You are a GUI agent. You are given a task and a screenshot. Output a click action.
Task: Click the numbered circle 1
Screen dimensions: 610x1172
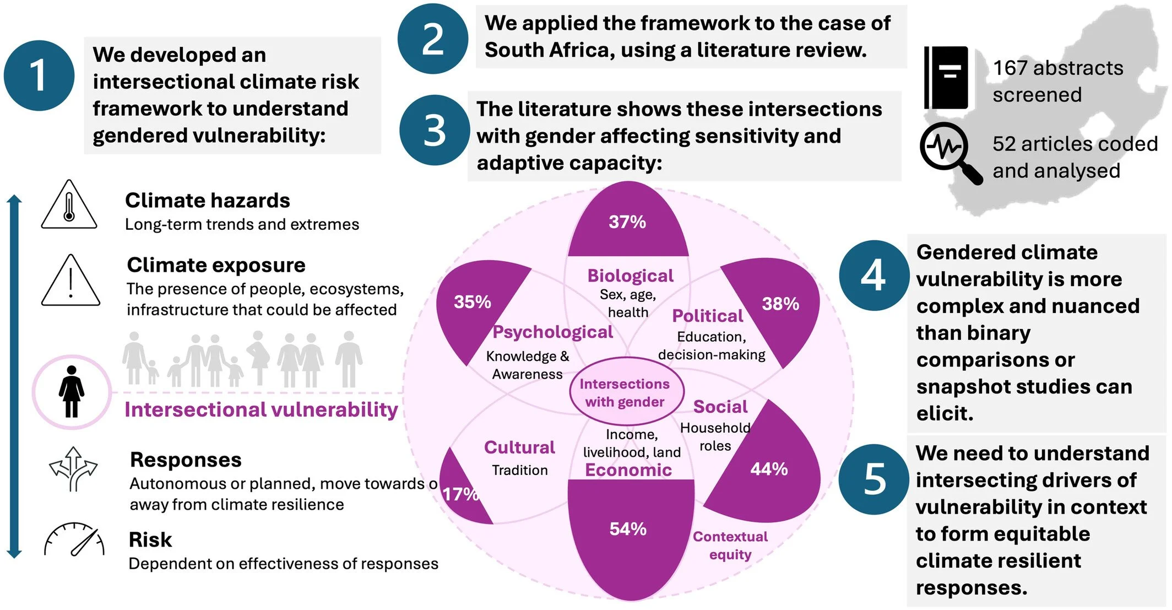[39, 75]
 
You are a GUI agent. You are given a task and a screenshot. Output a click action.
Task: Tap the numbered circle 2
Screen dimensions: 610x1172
[432, 39]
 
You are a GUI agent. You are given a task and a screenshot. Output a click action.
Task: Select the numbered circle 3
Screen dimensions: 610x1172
[435, 131]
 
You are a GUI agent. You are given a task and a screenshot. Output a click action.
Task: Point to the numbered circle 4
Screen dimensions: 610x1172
[873, 275]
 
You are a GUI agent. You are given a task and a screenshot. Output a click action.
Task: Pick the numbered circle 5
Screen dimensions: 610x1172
[874, 479]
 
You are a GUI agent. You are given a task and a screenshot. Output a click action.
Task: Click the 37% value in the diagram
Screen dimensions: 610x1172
[627, 222]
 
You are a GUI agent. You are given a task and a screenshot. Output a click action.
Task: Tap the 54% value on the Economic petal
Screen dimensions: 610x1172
[628, 529]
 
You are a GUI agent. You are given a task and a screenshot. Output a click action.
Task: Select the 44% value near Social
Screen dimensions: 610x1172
[769, 469]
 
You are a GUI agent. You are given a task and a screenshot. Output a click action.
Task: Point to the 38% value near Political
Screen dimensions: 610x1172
[780, 304]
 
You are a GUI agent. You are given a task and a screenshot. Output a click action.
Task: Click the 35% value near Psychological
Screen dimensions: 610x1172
[472, 302]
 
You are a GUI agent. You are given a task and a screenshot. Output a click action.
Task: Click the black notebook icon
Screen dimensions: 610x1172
[946, 78]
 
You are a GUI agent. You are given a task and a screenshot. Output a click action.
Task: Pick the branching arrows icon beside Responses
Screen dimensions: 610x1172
[73, 468]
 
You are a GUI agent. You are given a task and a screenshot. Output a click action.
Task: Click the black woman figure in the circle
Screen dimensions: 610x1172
[72, 392]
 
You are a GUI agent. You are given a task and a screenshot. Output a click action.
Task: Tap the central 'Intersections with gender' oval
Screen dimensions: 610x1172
[625, 392]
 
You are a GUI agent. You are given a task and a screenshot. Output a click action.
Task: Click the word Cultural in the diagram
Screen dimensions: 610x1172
[519, 447]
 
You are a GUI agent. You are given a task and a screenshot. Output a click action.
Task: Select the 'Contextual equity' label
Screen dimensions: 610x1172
[730, 545]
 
